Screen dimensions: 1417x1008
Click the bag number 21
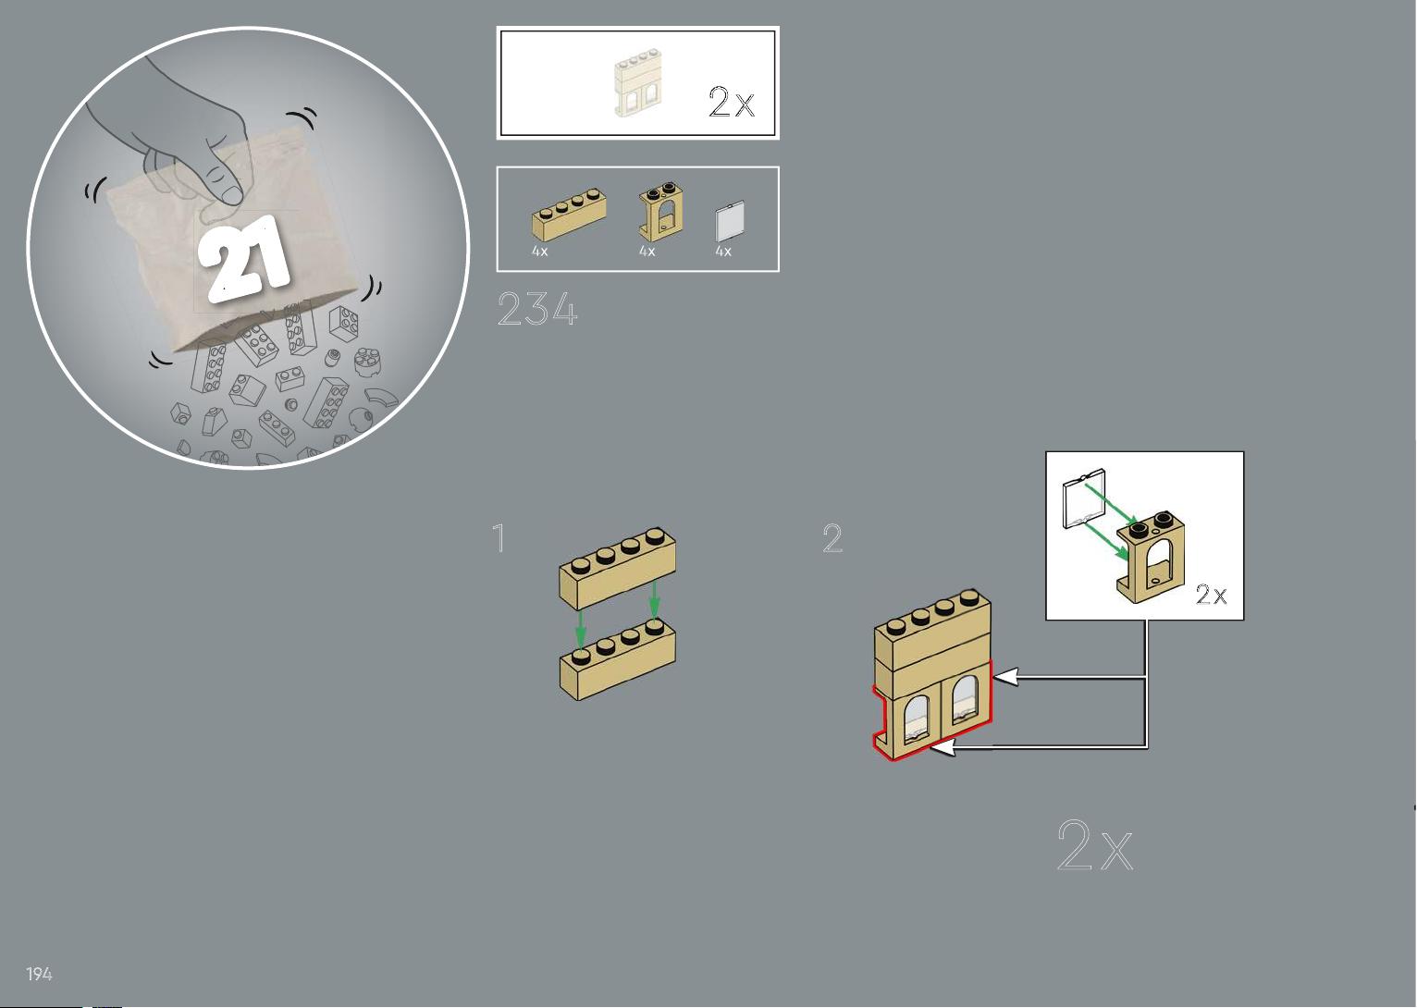click(244, 258)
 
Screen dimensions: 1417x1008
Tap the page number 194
click(39, 974)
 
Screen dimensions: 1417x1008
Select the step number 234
click(537, 309)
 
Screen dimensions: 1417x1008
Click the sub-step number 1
click(499, 537)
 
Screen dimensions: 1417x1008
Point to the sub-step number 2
click(832, 537)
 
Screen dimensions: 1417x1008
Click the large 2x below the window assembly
click(1095, 845)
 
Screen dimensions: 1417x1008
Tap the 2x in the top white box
click(732, 101)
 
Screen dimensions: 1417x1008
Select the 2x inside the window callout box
click(1211, 594)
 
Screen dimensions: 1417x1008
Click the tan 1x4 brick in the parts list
click(569, 215)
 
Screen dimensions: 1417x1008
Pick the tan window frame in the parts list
click(661, 213)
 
